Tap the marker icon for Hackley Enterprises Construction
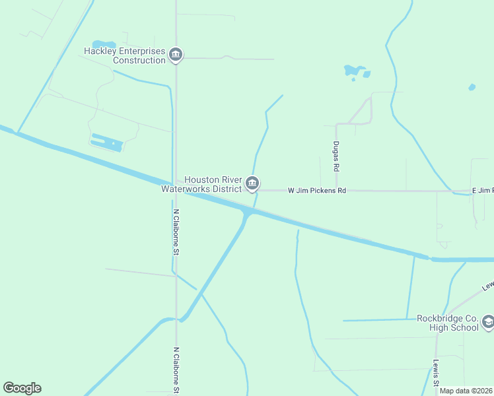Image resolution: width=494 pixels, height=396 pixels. point(175,55)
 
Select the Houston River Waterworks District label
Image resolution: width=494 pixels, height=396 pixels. point(202,183)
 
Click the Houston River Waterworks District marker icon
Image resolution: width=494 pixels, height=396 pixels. point(252,184)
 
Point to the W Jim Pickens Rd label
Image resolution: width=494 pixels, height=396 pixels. point(317,191)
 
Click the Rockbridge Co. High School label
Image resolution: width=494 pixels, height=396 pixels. point(447,322)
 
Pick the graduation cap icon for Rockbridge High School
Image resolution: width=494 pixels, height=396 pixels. point(488,323)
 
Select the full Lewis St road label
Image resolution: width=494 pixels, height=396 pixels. point(436,374)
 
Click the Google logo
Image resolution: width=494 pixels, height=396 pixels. point(22,388)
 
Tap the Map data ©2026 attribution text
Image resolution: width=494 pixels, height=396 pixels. point(466,391)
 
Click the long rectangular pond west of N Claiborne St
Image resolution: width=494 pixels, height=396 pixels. point(106,142)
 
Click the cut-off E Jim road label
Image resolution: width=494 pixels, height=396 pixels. point(482,191)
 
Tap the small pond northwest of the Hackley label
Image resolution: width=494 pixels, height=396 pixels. point(104,44)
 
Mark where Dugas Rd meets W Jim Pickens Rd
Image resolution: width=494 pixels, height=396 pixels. point(336,191)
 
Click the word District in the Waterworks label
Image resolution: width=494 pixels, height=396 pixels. point(223,189)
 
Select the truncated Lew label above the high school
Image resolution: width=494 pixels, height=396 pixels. point(487,286)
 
